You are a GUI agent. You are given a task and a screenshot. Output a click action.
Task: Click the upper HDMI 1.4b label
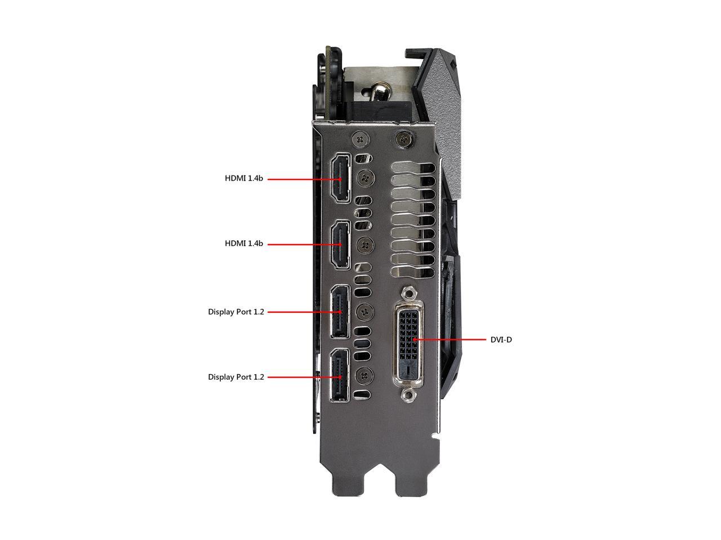[x=244, y=178]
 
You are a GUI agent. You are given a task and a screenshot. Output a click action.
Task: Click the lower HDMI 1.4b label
[x=244, y=243]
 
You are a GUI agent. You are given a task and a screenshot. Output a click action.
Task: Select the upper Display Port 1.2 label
[x=236, y=312]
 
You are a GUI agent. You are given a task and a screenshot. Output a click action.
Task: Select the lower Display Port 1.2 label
[x=236, y=377]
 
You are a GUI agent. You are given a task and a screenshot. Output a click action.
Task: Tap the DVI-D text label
[x=501, y=340]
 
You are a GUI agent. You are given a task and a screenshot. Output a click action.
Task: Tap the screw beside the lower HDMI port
[x=365, y=244]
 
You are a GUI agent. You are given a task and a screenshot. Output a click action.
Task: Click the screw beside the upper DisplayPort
[x=365, y=312]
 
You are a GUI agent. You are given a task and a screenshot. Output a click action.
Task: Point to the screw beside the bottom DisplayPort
[x=364, y=376]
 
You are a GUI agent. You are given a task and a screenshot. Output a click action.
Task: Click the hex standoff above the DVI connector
[x=408, y=294]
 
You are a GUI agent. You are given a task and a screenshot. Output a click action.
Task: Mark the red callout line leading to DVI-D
[x=449, y=340]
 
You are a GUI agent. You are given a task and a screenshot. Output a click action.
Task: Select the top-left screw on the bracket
[x=360, y=139]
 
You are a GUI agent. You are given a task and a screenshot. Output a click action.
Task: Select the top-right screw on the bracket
[x=405, y=139]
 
